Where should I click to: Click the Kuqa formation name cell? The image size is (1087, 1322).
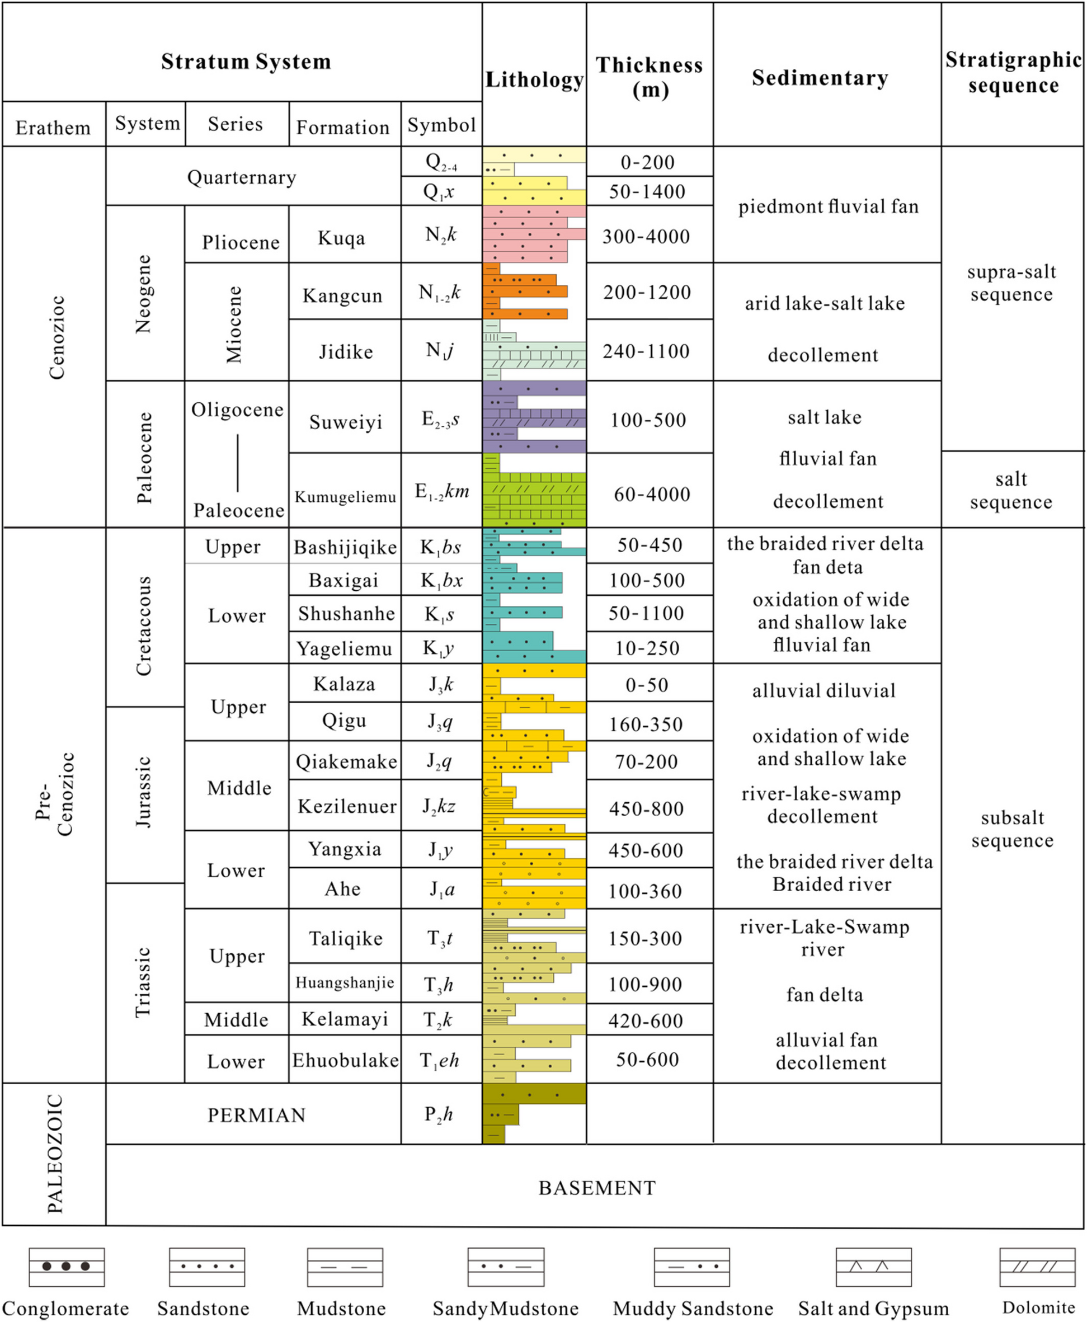(341, 238)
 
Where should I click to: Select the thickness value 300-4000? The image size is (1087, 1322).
(646, 237)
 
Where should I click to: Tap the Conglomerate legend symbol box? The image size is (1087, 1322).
(67, 1266)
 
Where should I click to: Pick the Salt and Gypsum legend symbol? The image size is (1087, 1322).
(873, 1266)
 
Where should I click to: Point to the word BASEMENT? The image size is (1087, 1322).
(597, 1188)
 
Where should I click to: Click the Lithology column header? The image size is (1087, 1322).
(534, 79)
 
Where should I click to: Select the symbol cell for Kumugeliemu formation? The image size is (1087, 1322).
(441, 492)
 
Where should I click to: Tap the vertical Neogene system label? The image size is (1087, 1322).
(144, 293)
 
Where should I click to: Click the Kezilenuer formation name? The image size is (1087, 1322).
(346, 806)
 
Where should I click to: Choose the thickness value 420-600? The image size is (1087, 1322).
(646, 1021)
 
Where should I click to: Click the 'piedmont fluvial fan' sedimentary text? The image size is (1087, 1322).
(828, 206)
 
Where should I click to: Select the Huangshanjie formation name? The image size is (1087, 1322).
(345, 982)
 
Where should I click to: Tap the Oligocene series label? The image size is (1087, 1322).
(237, 410)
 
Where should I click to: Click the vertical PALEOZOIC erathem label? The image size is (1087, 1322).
(55, 1154)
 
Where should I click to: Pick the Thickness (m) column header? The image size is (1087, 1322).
(650, 77)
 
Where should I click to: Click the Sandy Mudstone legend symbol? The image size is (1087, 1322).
(505, 1266)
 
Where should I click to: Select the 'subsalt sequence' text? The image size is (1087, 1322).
(1012, 829)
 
